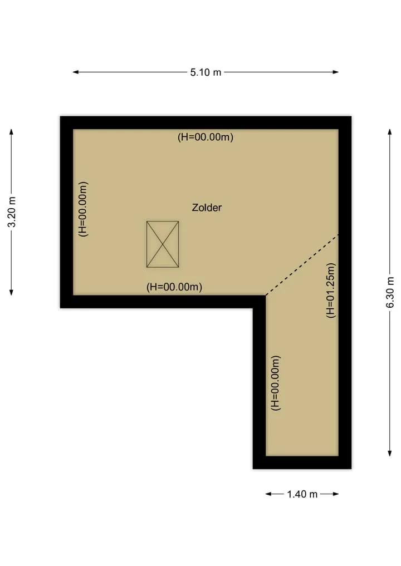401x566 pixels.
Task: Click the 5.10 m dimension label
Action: tap(206, 72)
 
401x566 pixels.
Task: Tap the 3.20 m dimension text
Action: tap(12, 212)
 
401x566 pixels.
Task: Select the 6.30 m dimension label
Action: tap(390, 292)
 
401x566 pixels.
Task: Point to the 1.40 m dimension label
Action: tap(302, 494)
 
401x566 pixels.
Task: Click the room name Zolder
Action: tap(207, 208)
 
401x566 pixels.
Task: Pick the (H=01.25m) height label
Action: tap(331, 290)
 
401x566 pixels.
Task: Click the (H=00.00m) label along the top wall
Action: tap(206, 137)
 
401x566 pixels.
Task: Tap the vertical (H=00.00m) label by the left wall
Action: tap(84, 209)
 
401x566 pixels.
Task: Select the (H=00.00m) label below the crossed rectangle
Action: tap(174, 287)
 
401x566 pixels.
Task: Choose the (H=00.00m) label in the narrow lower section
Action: tap(276, 383)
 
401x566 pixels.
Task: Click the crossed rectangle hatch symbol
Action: tap(163, 244)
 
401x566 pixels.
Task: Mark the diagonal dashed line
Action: tap(302, 265)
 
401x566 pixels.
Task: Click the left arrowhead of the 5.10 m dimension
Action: tap(76, 72)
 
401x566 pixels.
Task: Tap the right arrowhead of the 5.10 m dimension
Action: tap(336, 72)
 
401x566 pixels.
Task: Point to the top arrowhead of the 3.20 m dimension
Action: tap(12, 132)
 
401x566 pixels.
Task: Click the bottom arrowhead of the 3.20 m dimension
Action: tap(12, 292)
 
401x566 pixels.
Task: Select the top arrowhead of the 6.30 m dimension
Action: tap(390, 132)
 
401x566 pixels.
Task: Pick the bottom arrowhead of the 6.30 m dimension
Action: tap(390, 453)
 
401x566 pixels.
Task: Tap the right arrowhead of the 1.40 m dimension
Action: tap(336, 494)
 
